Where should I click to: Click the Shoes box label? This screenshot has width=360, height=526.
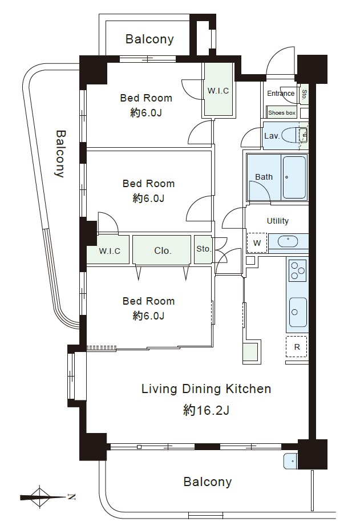[x=281, y=113]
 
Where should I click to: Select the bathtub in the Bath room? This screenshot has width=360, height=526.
[x=294, y=177]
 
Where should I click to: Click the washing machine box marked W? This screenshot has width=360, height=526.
[x=257, y=243]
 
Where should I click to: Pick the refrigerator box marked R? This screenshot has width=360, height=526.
[x=297, y=347]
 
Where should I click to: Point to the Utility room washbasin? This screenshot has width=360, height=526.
[x=288, y=241]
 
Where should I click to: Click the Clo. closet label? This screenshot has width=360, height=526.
[x=163, y=250]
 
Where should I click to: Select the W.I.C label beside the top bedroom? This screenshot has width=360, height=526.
[x=218, y=91]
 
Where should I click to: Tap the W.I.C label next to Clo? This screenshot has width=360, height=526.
[x=110, y=251]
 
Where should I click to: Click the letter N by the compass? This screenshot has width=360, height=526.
[x=71, y=497]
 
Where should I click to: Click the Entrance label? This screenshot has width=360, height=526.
[x=281, y=94]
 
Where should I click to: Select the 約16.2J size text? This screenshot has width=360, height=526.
[x=206, y=410]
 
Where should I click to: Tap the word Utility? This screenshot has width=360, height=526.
[x=277, y=221]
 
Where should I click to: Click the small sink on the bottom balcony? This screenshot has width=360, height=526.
[x=290, y=462]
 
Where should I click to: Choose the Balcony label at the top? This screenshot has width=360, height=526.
[x=149, y=39]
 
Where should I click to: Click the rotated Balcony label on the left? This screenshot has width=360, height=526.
[x=60, y=153]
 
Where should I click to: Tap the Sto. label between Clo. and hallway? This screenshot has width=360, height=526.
[x=203, y=249]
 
